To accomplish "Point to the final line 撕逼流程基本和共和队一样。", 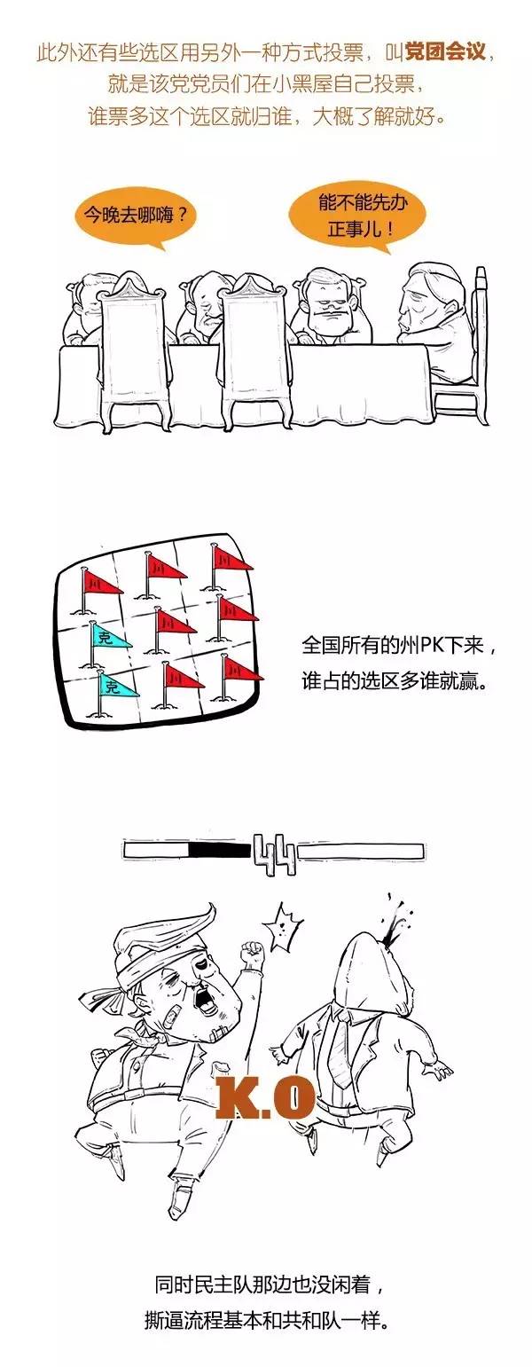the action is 267,1323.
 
